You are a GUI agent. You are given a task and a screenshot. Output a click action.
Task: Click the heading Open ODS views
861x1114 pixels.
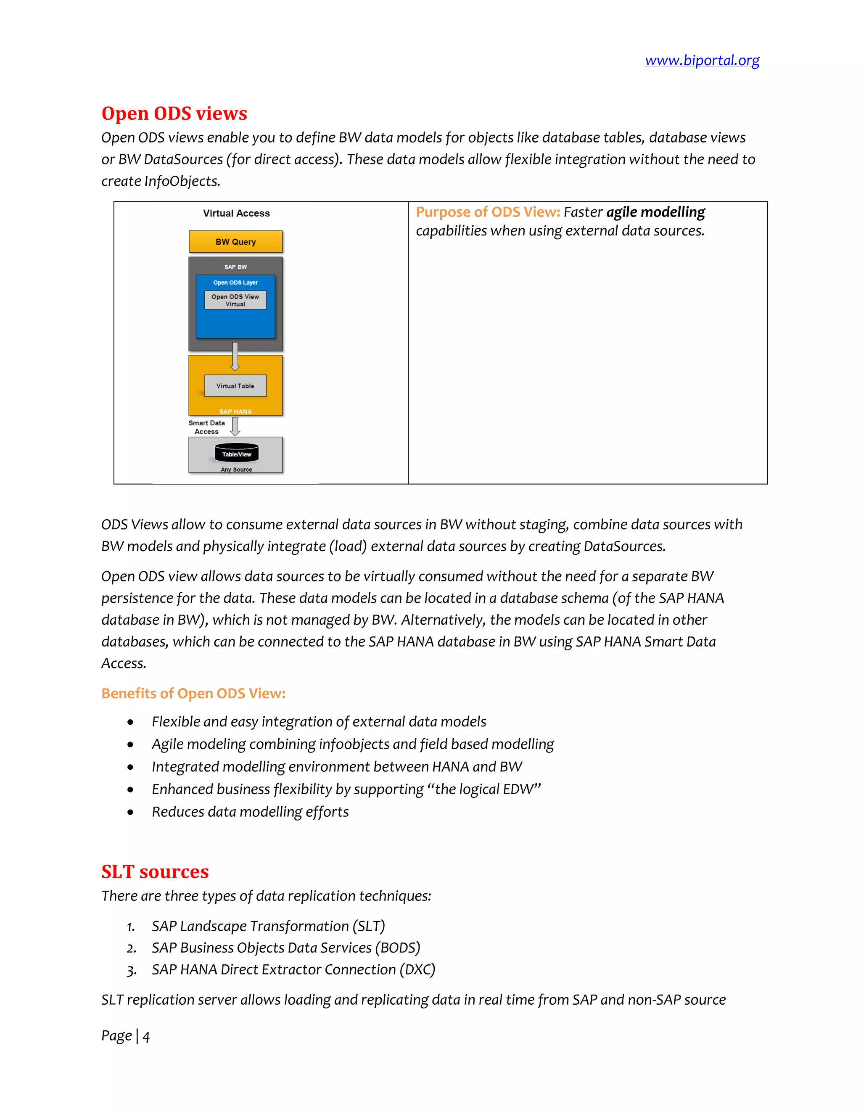click(x=174, y=113)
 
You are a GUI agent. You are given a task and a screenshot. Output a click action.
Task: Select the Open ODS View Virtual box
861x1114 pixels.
click(x=235, y=300)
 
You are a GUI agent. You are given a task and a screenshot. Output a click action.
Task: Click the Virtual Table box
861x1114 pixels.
click(x=235, y=385)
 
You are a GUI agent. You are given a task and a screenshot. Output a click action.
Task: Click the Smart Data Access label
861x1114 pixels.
click(x=206, y=427)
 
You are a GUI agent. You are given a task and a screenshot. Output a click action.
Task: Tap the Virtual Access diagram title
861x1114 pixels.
click(x=236, y=213)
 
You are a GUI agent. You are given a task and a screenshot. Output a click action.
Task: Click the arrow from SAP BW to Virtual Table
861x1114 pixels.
click(x=235, y=356)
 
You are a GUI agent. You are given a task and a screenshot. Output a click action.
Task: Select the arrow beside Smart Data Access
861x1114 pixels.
click(x=235, y=426)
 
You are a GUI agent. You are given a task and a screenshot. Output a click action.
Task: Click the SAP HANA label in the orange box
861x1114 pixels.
click(x=235, y=411)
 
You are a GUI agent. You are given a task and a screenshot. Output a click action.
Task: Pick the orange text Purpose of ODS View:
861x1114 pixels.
click(x=488, y=212)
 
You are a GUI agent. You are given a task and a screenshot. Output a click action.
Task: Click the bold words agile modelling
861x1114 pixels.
click(x=655, y=212)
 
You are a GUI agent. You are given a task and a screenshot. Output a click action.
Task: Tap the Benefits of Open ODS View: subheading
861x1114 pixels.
click(x=193, y=693)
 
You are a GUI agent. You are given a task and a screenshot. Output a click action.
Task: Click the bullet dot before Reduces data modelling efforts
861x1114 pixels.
click(x=131, y=812)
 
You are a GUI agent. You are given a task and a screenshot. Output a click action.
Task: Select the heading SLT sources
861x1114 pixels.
click(x=155, y=872)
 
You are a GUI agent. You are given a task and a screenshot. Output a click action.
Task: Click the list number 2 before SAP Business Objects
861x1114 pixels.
click(x=131, y=948)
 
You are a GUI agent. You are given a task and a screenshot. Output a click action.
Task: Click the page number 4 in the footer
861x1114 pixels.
click(x=146, y=1037)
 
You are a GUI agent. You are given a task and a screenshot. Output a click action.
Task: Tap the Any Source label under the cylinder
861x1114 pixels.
click(x=236, y=469)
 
